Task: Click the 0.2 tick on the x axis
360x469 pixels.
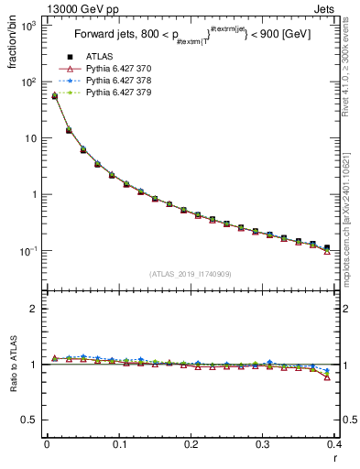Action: [x=191, y=444]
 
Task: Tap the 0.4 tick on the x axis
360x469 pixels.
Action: [x=334, y=444]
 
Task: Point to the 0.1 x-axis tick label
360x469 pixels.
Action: [x=119, y=444]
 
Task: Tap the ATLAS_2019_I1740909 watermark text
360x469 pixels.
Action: [x=191, y=274]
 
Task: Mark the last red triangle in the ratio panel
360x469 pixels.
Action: [x=327, y=377]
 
